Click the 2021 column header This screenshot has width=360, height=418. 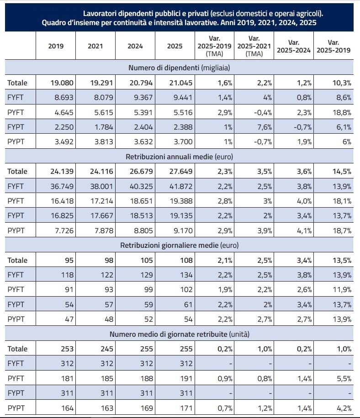(95, 46)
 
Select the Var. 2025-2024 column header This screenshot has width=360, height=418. (294, 46)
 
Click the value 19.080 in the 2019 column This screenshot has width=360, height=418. (62, 83)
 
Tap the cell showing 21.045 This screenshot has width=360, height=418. (180, 83)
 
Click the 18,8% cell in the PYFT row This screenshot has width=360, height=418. (342, 113)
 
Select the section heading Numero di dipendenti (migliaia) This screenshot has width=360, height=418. (180, 68)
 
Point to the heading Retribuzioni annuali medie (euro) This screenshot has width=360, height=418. (180, 157)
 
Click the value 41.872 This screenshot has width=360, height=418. (181, 186)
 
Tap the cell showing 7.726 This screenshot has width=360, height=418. (64, 230)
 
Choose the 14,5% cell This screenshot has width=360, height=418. (342, 171)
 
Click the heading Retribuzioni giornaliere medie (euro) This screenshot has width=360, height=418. (180, 245)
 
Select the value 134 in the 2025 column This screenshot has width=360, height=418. (186, 275)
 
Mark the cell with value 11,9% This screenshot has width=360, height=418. (342, 289)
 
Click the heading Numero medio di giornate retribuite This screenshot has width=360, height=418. (169, 334)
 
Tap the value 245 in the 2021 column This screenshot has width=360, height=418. (107, 349)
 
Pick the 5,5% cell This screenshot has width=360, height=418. (344, 378)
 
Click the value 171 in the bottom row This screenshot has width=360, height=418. (186, 408)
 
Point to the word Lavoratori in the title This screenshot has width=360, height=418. (99, 14)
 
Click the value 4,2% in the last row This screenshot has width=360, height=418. (344, 408)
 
